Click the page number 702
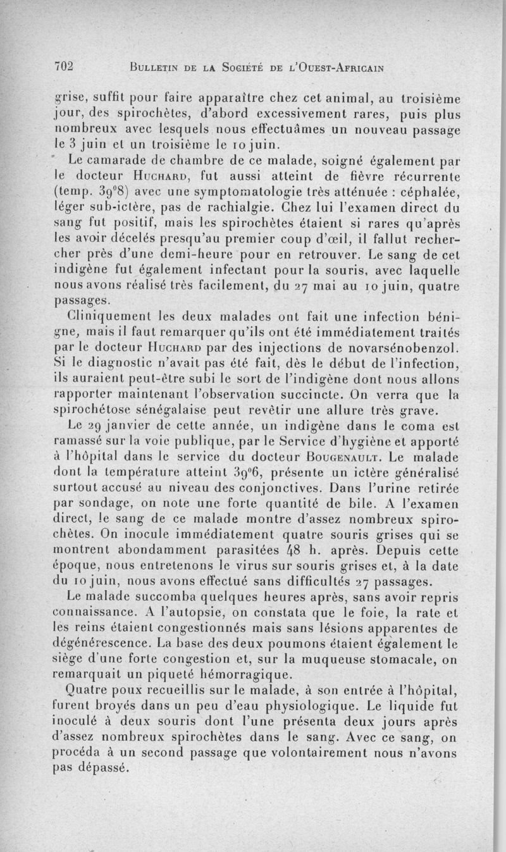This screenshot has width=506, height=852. [x=65, y=66]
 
